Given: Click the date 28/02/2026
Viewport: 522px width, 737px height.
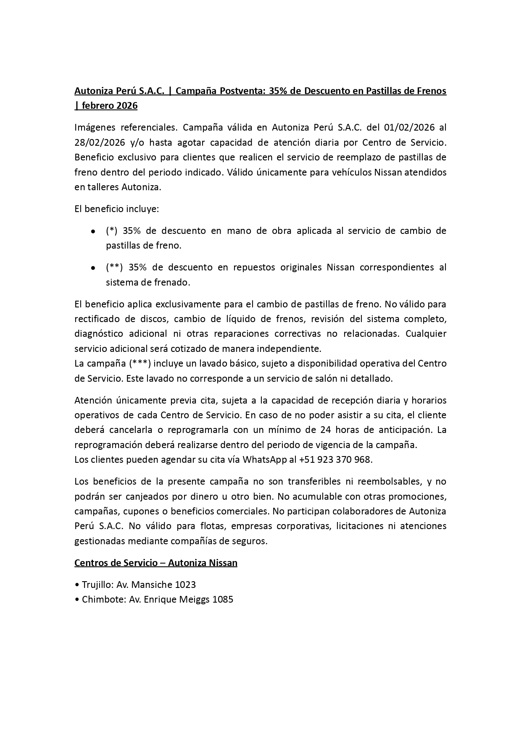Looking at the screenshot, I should [100, 142].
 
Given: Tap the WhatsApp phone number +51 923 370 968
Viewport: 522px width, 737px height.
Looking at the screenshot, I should [335, 459].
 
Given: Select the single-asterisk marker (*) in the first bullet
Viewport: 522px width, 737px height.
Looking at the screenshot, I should [112, 231].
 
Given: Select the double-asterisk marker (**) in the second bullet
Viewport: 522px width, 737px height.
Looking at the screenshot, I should [114, 268].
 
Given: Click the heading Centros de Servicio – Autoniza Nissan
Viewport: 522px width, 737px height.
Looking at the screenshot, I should [156, 563].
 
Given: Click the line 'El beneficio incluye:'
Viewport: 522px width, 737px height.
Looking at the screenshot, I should [116, 209].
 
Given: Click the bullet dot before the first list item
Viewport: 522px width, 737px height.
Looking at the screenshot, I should [92, 231].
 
